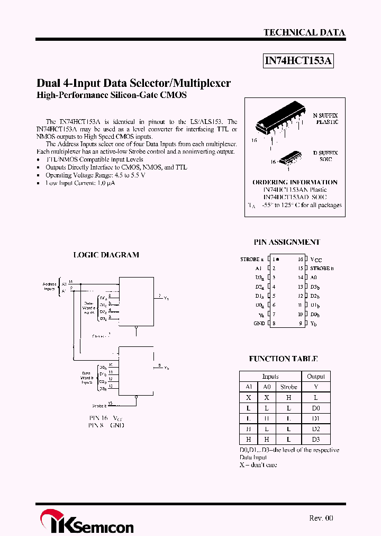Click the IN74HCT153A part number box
tap(298, 61)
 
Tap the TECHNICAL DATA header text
tap(304, 32)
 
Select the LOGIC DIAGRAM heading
tap(106, 255)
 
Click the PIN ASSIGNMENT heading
tap(286, 242)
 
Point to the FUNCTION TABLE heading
tap(283, 359)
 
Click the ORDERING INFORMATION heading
tap(295, 182)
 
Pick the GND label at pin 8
tap(259, 323)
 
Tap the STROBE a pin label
tap(250, 260)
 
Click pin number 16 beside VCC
tap(300, 260)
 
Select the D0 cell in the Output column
tap(316, 408)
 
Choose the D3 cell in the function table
tap(316, 440)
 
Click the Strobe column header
tap(289, 387)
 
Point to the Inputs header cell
tap(270, 377)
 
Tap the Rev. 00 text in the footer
tap(321, 518)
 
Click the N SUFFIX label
tap(325, 115)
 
